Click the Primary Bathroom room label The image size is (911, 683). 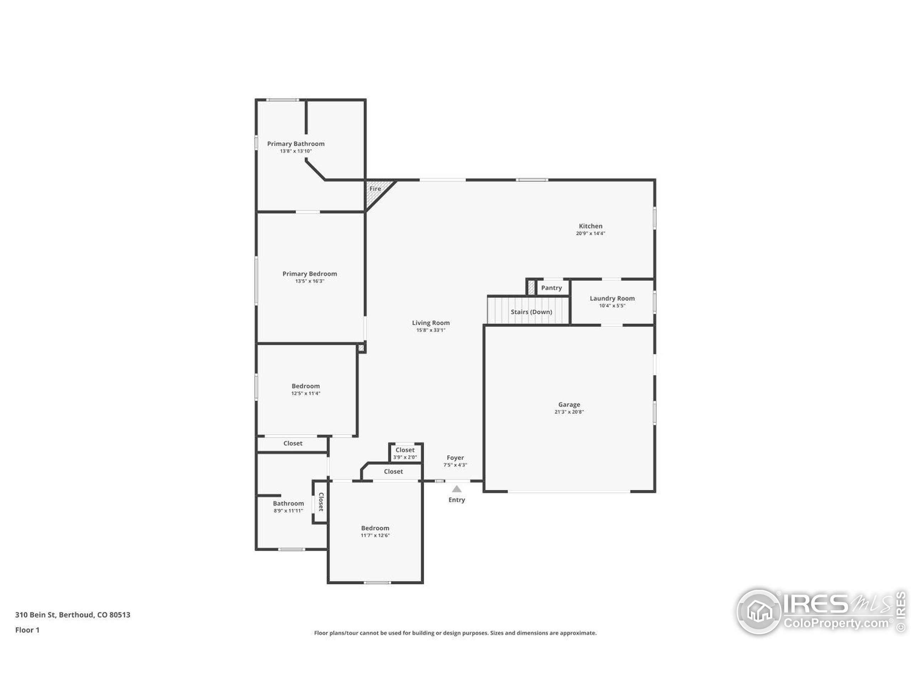pyautogui.click(x=296, y=144)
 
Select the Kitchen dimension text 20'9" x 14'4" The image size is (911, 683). pyautogui.click(x=590, y=233)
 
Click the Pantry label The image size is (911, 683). pyautogui.click(x=551, y=288)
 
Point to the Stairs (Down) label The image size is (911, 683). pyautogui.click(x=531, y=312)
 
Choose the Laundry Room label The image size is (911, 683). pyautogui.click(x=612, y=298)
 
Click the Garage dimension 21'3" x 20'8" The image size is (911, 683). pyautogui.click(x=569, y=412)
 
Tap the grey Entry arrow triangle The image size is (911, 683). pyautogui.click(x=456, y=489)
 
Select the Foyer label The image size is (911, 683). pyautogui.click(x=455, y=457)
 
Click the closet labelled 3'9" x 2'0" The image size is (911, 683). pyautogui.click(x=405, y=453)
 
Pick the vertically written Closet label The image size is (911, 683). pyautogui.click(x=321, y=502)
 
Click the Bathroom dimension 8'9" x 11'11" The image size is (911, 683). pyautogui.click(x=288, y=510)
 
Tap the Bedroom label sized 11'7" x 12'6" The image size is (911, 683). pyautogui.click(x=375, y=528)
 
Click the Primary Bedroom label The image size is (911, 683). pyautogui.click(x=310, y=274)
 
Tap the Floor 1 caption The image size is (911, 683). pyautogui.click(x=27, y=630)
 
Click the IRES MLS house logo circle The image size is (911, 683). pyautogui.click(x=759, y=611)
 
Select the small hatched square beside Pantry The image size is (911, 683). pyautogui.click(x=531, y=287)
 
